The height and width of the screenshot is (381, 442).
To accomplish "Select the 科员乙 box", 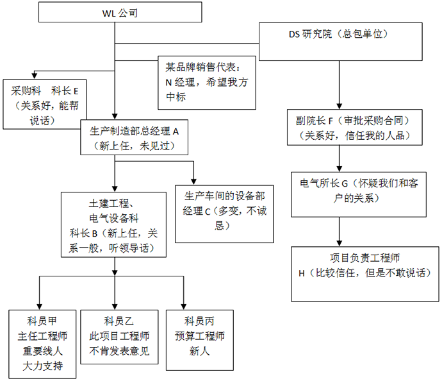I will coord(119,336).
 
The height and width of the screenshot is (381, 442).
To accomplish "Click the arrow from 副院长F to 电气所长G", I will coord(339,158).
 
